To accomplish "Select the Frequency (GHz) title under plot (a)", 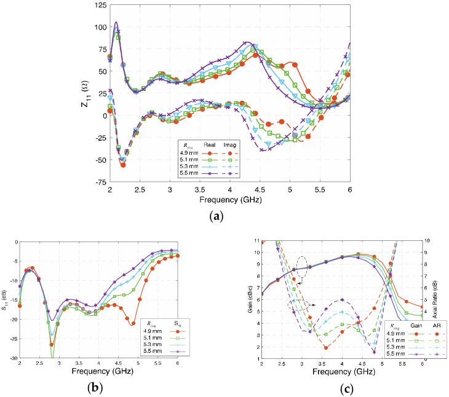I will tap(229, 201).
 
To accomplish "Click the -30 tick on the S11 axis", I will tap(13, 358).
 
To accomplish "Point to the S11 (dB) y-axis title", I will tap(5, 299).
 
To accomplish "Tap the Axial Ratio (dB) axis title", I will tap(441, 299).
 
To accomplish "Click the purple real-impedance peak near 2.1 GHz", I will tap(116, 22).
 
